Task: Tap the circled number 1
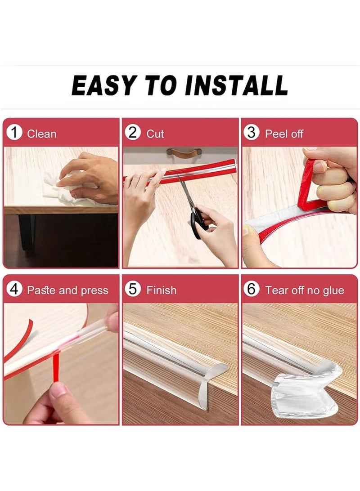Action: pyautogui.click(x=16, y=133)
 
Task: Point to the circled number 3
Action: pyautogui.click(x=252, y=133)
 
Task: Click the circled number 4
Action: pyautogui.click(x=15, y=290)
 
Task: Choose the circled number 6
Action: pyautogui.click(x=252, y=290)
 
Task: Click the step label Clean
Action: pyautogui.click(x=41, y=134)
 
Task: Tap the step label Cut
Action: pyautogui.click(x=155, y=134)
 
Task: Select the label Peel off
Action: pyautogui.click(x=284, y=134)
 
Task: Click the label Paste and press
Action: pyautogui.click(x=67, y=290)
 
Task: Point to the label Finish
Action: pyautogui.click(x=161, y=290)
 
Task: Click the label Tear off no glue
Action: pyautogui.click(x=305, y=290)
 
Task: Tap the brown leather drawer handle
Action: pyautogui.click(x=182, y=153)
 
